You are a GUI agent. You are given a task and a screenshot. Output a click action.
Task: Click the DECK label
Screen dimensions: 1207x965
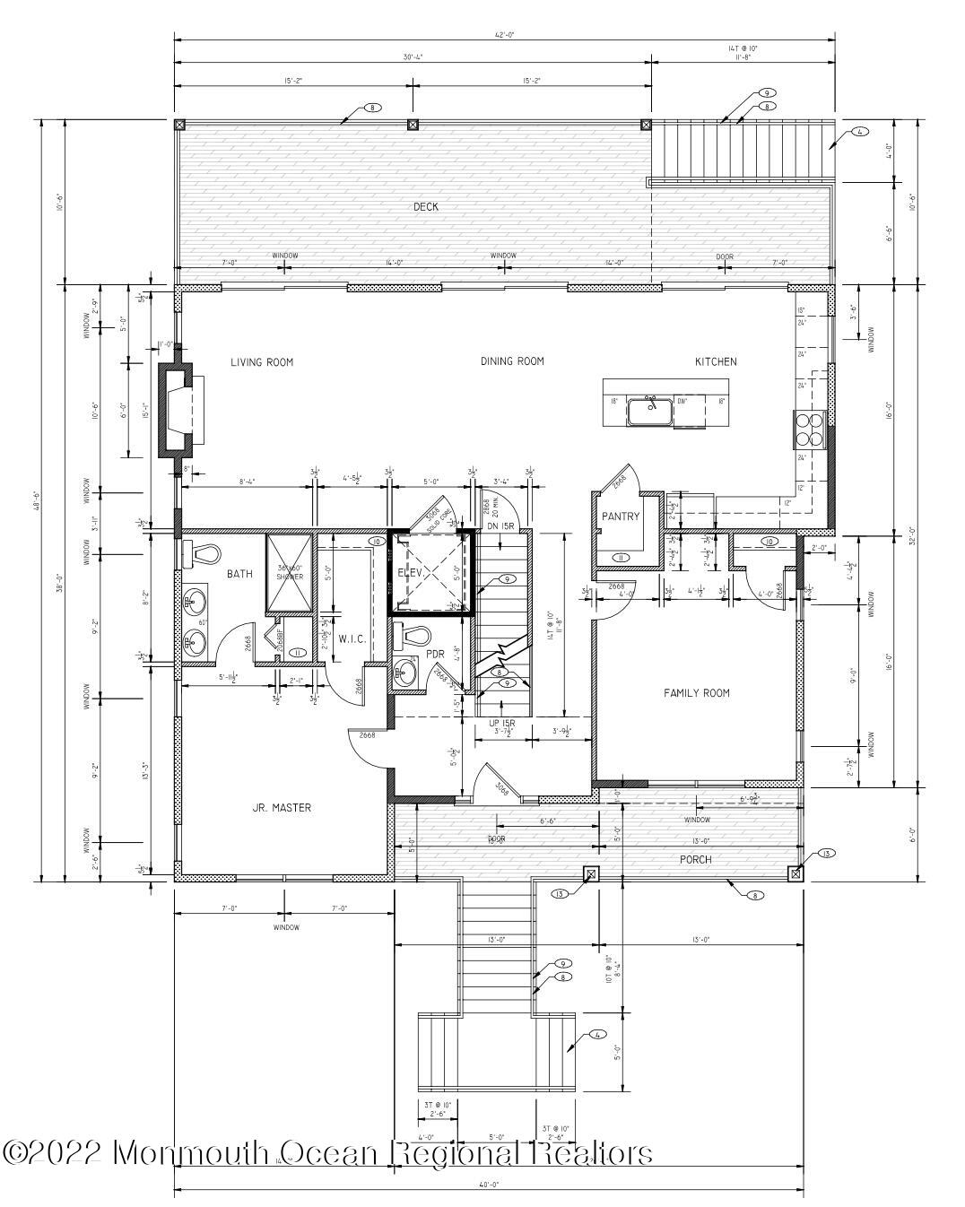click(x=425, y=207)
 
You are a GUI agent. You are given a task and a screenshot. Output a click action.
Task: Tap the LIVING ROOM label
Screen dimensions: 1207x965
click(x=262, y=362)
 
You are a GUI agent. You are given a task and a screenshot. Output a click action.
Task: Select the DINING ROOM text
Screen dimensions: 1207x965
click(x=512, y=362)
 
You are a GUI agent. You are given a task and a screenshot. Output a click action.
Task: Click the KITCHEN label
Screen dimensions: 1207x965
click(x=716, y=362)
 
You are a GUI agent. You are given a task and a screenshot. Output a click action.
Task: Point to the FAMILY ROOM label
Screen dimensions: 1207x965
click(x=696, y=692)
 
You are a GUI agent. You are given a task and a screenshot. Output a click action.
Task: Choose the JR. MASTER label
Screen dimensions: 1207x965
click(x=282, y=808)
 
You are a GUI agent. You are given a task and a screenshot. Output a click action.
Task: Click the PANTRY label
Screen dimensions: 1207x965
click(x=619, y=517)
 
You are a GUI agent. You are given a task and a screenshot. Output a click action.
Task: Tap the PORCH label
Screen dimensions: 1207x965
click(x=695, y=859)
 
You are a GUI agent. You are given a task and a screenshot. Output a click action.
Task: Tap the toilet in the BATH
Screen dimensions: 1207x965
click(x=203, y=555)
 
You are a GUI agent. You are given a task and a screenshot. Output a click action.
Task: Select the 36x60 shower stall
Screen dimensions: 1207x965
click(x=289, y=574)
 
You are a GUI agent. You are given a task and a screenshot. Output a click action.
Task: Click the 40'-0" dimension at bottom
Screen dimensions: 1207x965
click(x=489, y=1185)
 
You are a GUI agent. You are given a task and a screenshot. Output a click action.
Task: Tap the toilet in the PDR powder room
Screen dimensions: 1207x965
click(x=413, y=638)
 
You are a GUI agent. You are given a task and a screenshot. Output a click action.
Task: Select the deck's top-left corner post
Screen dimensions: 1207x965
click(x=179, y=125)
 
